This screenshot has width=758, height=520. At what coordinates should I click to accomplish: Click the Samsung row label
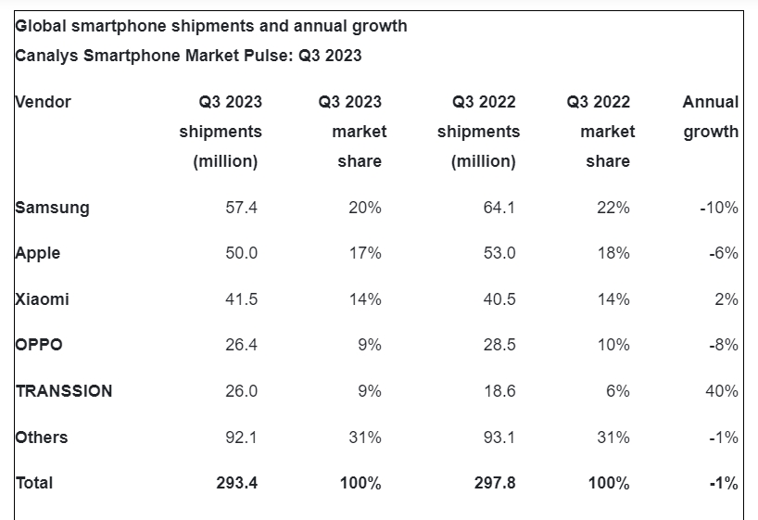coord(53,208)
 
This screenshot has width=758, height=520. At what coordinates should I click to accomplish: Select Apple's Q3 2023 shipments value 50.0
coord(241,253)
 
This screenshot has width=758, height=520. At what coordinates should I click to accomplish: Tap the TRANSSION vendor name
coord(64,391)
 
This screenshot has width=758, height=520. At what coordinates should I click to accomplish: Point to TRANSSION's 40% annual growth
coord(721,391)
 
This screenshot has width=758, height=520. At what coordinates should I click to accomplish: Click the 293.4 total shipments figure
coord(237,483)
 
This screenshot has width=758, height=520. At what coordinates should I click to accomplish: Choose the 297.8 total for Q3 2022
coord(494,483)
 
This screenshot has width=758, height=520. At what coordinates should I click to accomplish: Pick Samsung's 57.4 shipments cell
coord(241,208)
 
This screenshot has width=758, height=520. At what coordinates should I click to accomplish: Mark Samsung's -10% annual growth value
coord(719,208)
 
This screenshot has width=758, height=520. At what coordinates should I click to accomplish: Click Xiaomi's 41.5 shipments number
coord(241,299)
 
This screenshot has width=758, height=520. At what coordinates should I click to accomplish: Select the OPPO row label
coord(40,345)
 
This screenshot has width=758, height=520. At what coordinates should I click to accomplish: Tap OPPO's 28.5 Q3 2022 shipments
coord(499,345)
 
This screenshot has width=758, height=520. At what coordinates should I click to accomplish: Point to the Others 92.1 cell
coord(241,438)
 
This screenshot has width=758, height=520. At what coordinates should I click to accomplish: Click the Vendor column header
coord(44,102)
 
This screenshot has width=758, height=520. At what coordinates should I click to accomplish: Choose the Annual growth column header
coord(711,117)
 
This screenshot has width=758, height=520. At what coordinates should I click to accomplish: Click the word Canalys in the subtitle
coord(47,56)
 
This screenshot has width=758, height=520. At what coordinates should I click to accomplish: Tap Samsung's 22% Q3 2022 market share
coord(613,208)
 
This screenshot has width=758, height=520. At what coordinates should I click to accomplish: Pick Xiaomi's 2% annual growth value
coord(726,299)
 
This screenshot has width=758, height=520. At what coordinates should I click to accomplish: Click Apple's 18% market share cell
coord(613,253)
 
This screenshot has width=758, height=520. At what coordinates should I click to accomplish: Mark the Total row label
coord(34,483)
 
